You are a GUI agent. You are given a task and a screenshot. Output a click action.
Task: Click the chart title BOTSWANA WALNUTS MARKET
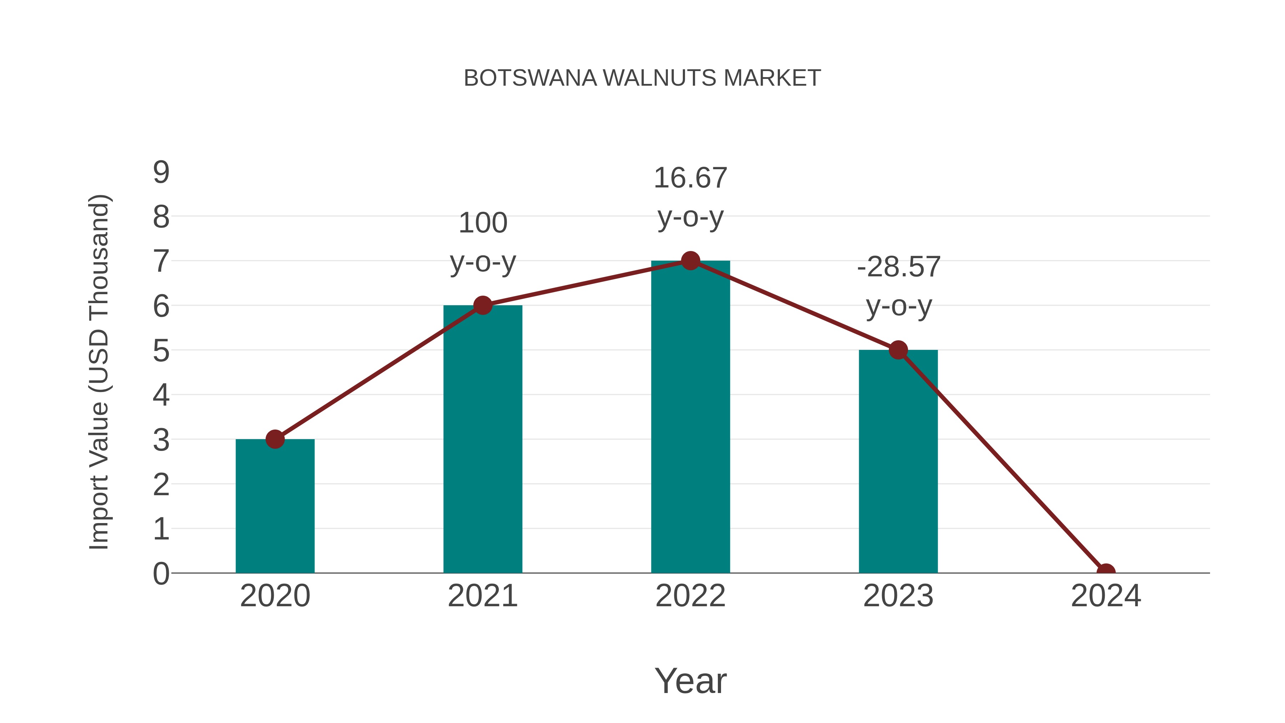coord(642,78)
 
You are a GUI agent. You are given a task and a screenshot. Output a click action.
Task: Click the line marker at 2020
coord(275,439)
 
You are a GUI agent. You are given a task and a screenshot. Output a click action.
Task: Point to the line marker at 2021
coord(482,305)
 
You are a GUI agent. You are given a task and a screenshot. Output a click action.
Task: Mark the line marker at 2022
coord(690,261)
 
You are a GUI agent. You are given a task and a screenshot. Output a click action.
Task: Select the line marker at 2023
coord(898,350)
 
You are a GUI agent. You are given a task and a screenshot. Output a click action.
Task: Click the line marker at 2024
coord(1105,572)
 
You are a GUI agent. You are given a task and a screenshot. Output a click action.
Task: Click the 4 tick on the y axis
coord(161,395)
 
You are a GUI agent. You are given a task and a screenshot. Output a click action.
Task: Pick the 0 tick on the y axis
coord(161,574)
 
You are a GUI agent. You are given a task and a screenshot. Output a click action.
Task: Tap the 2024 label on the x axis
coord(1105,596)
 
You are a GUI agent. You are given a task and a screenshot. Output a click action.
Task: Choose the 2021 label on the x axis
coord(482,596)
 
